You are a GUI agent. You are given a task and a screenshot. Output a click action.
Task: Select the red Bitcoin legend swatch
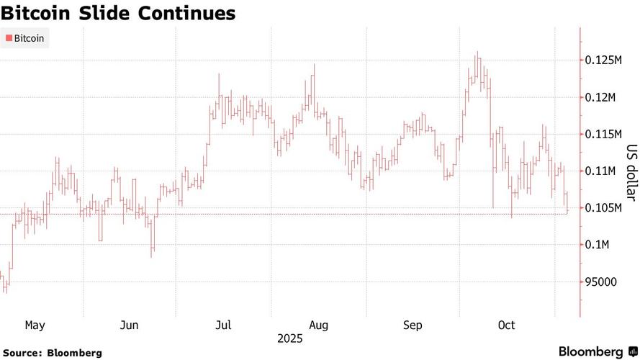(9, 38)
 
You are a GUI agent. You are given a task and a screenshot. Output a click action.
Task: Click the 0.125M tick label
(603, 60)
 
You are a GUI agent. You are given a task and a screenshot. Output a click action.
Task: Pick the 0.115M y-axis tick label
(603, 134)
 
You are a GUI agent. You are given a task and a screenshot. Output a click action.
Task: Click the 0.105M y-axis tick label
(603, 208)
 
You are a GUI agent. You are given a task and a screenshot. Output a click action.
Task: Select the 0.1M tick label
(597, 245)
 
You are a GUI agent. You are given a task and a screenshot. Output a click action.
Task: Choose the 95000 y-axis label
(600, 282)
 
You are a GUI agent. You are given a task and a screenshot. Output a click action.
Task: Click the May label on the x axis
(35, 325)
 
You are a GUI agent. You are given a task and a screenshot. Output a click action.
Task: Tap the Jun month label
(129, 325)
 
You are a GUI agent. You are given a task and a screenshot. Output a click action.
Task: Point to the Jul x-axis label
(223, 325)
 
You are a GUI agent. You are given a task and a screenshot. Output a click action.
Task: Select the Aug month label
(318, 325)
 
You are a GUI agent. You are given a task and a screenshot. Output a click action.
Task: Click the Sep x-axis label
(413, 325)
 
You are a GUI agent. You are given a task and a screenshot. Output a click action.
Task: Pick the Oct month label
(506, 325)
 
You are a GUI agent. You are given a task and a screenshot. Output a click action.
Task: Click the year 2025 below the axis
(289, 338)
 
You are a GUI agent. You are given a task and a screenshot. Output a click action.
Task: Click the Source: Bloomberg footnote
(52, 353)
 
